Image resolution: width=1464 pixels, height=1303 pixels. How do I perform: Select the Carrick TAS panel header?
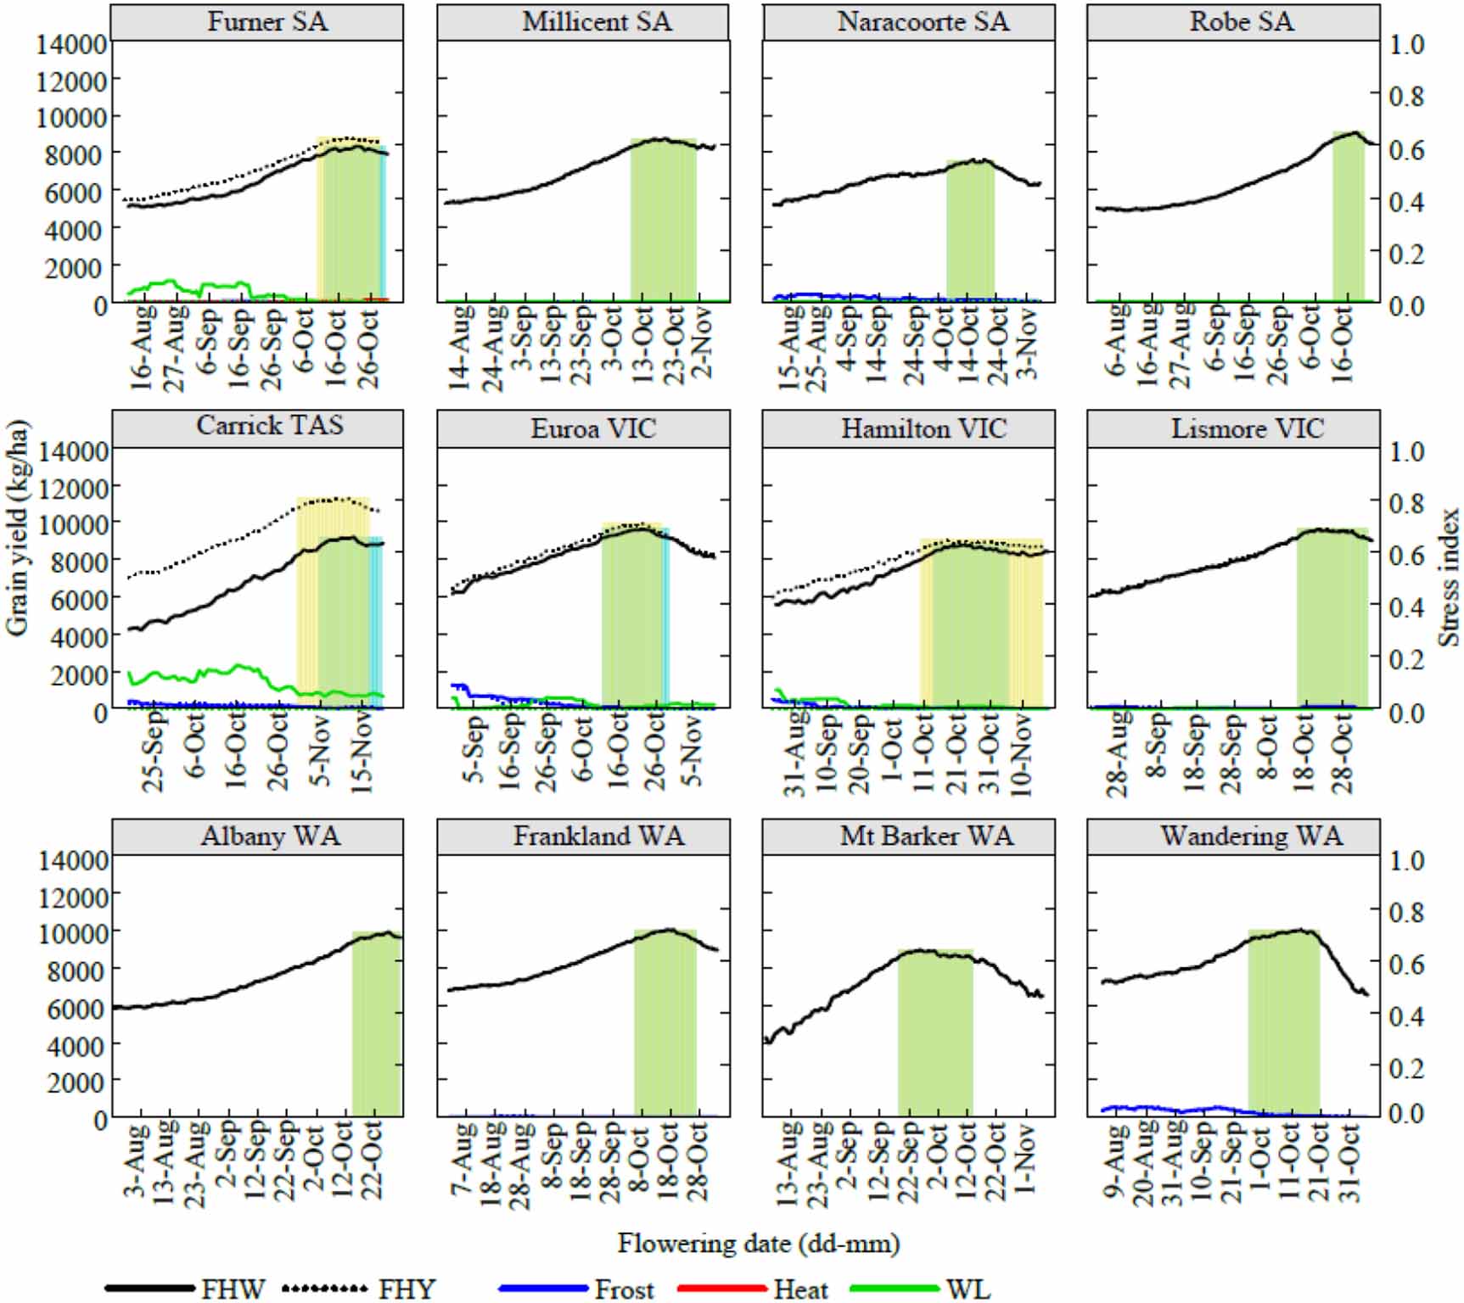click(x=270, y=425)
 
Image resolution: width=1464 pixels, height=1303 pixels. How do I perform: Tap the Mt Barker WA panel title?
click(x=926, y=836)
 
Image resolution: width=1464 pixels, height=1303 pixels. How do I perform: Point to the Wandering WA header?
click(x=1251, y=836)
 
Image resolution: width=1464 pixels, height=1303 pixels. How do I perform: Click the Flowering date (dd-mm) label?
click(x=758, y=1244)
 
